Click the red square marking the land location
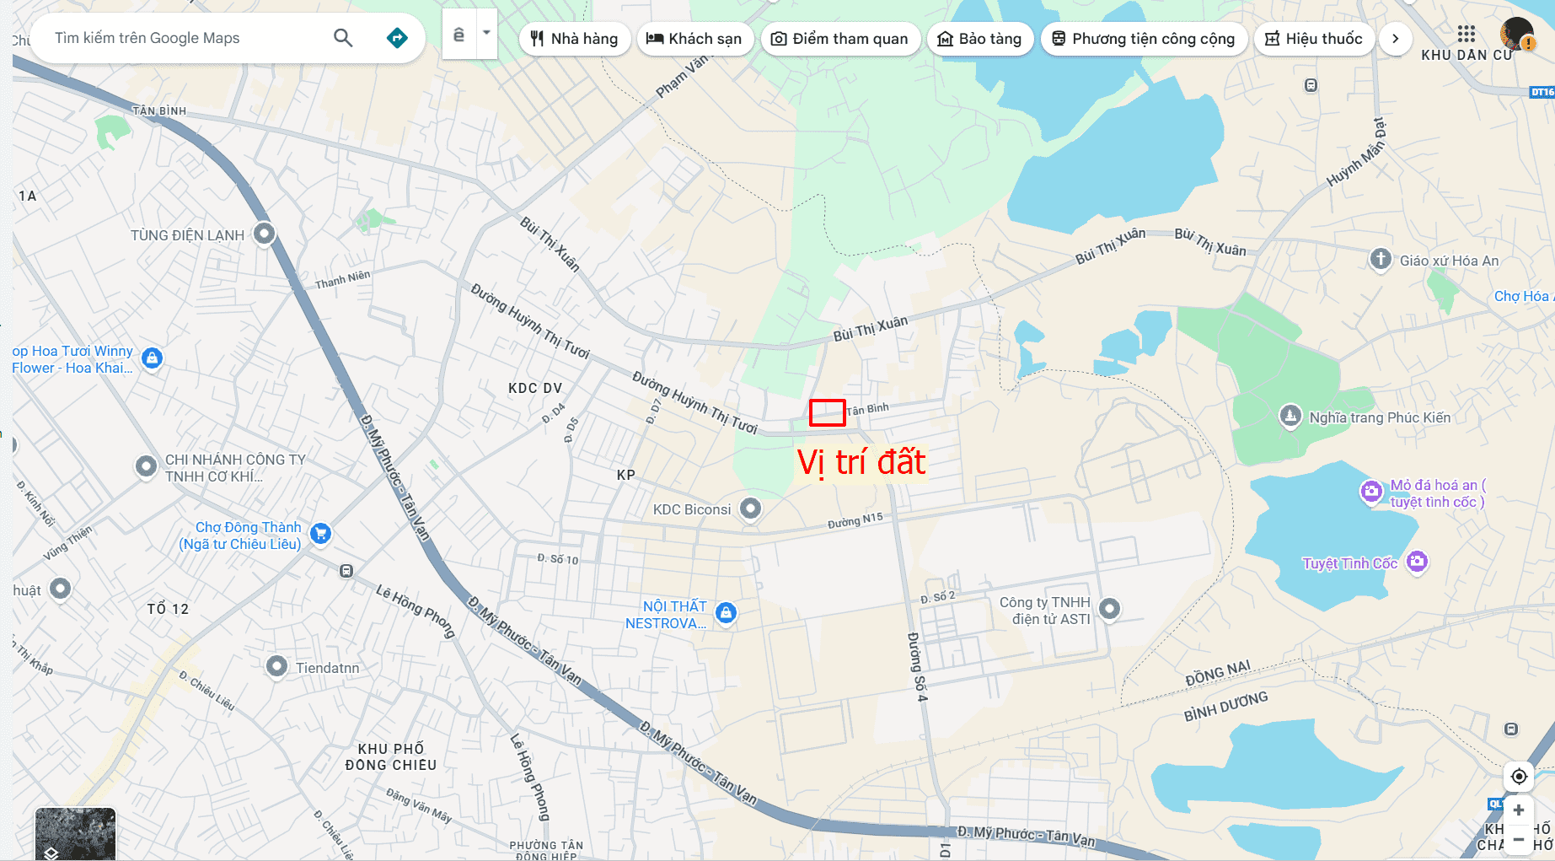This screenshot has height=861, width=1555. tap(827, 412)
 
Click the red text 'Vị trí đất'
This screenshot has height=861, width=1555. tap(861, 463)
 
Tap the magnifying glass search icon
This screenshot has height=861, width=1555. tap(343, 38)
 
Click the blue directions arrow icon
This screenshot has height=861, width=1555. tap(397, 38)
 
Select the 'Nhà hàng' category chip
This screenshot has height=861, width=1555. tap(575, 39)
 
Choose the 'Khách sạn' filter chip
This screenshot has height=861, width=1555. tap(694, 39)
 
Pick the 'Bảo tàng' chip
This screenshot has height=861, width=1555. tap(979, 39)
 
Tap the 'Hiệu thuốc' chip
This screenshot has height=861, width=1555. tap(1313, 39)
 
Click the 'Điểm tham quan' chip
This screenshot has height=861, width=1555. tap(839, 39)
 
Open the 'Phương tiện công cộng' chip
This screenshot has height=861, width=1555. tap(1143, 39)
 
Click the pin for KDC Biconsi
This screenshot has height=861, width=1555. tap(750, 509)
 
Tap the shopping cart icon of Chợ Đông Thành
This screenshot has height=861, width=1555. tap(320, 533)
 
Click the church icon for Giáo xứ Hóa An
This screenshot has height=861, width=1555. tap(1380, 259)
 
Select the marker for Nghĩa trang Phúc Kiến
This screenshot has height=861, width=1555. tap(1290, 416)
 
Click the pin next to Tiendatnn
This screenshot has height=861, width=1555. tap(276, 666)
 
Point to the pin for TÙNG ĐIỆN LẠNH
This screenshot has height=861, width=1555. tap(265, 233)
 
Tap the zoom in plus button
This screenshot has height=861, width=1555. tap(1518, 810)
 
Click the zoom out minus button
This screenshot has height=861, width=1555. tap(1518, 840)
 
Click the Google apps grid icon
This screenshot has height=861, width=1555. tap(1467, 34)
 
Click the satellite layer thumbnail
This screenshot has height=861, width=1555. tap(75, 834)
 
